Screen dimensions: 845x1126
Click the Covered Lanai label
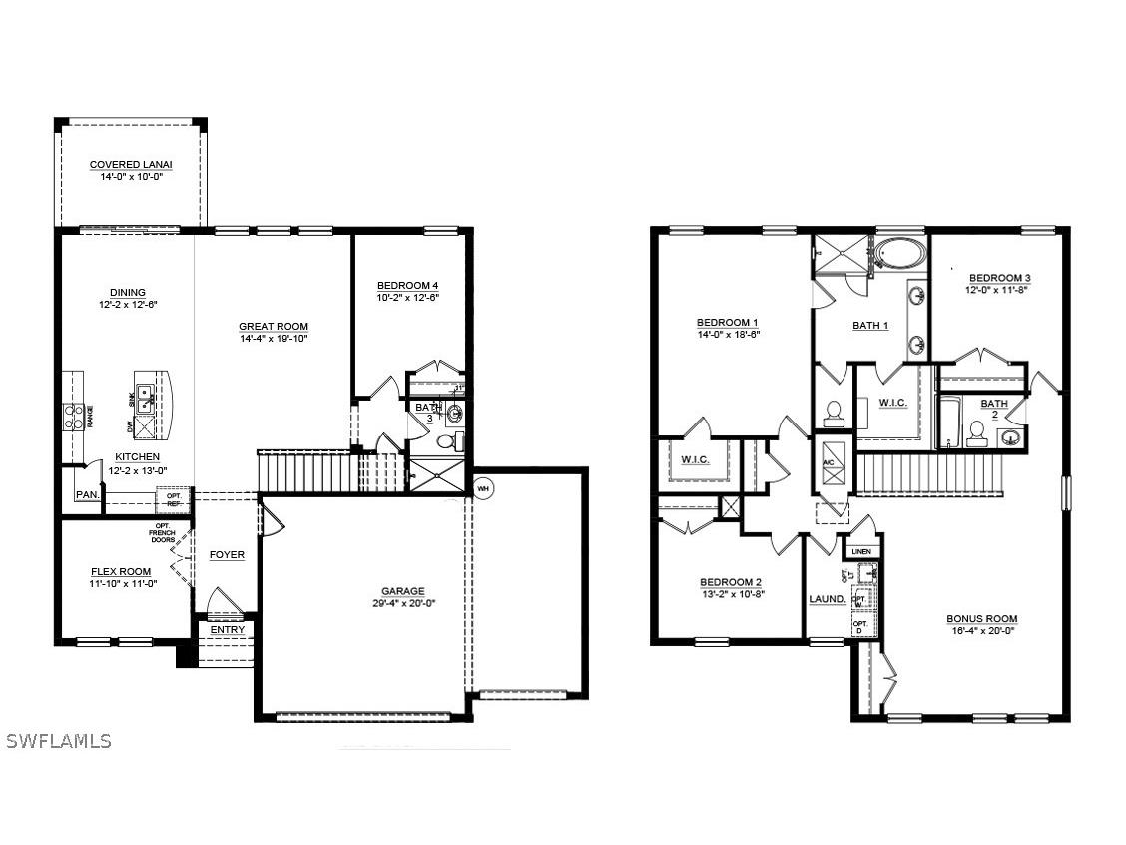click(131, 165)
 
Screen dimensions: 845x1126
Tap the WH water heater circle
click(483, 489)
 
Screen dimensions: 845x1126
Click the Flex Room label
click(121, 572)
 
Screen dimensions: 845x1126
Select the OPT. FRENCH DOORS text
click(162, 534)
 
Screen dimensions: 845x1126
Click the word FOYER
click(227, 555)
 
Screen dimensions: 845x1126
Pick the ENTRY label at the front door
click(227, 629)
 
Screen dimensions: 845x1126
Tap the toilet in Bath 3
click(446, 440)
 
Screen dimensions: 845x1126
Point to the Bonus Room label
click(982, 619)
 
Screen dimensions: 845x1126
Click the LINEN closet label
click(860, 551)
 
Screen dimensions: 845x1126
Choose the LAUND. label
click(828, 599)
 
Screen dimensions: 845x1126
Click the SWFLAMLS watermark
click(58, 741)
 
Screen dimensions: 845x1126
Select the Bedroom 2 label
click(731, 582)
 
